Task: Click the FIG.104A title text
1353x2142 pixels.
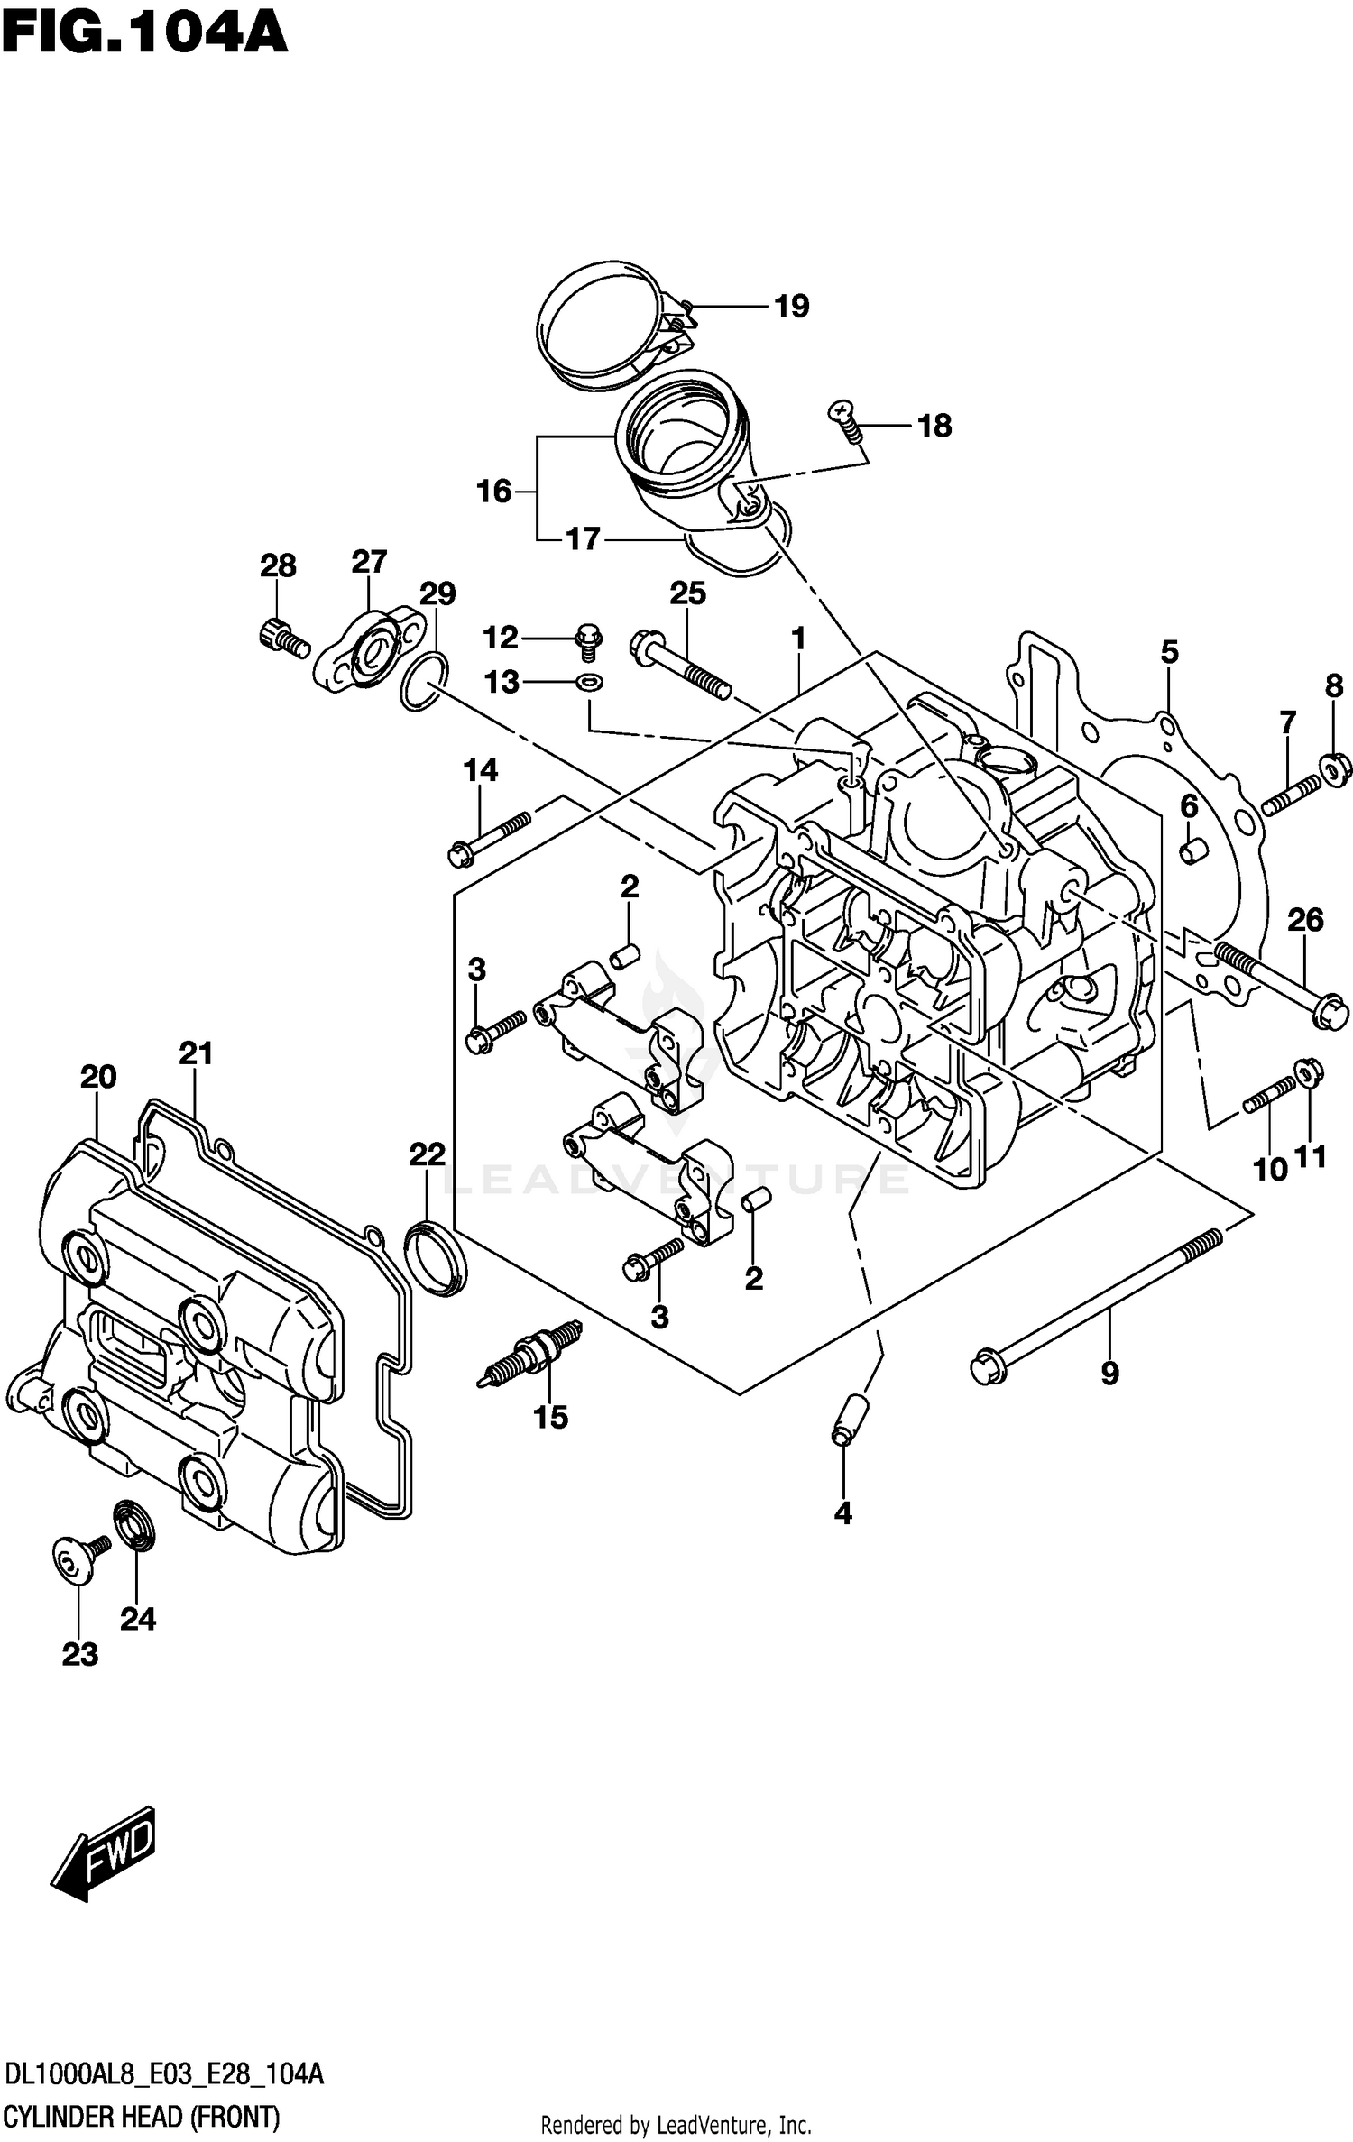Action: pyautogui.click(x=144, y=34)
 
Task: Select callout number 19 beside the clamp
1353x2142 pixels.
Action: pyautogui.click(x=792, y=307)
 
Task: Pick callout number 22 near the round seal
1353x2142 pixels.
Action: pyautogui.click(x=427, y=1154)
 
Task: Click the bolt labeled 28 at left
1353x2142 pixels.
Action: pyautogui.click(x=281, y=638)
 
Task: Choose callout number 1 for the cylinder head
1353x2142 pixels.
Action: pyautogui.click(x=798, y=639)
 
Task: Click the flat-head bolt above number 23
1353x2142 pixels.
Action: pyautogui.click(x=76, y=1558)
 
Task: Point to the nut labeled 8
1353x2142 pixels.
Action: pyautogui.click(x=1334, y=765)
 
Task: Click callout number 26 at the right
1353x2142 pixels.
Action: pyautogui.click(x=1304, y=920)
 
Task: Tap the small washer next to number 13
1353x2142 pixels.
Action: pyautogui.click(x=589, y=683)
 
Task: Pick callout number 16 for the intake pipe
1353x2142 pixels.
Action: pyautogui.click(x=493, y=492)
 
